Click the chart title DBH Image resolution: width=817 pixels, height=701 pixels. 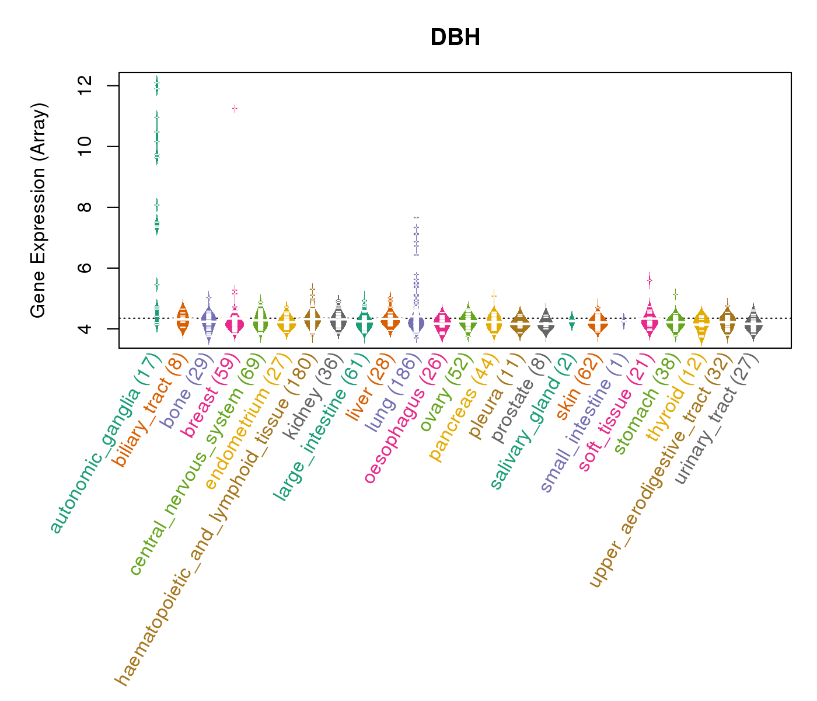455,38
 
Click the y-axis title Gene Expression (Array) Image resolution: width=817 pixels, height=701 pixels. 39,210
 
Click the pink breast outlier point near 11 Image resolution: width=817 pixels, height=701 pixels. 235,109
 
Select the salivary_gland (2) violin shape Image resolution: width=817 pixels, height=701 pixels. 572,320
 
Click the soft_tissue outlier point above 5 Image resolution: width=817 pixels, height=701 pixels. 649,280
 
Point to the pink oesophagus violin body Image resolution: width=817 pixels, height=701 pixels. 442,325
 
